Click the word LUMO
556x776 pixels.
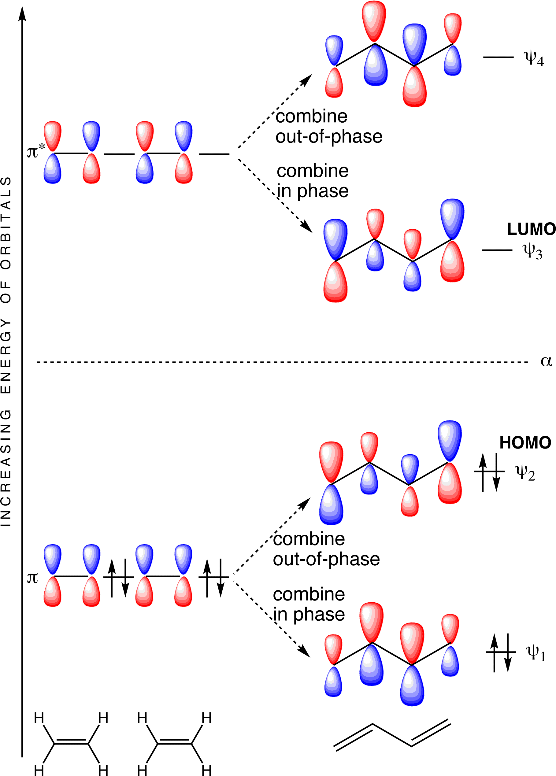click(531, 229)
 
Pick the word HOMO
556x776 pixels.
click(525, 443)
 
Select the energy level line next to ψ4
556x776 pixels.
click(498, 57)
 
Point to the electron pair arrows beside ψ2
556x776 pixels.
click(489, 472)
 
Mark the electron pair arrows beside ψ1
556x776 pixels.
click(501, 653)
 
